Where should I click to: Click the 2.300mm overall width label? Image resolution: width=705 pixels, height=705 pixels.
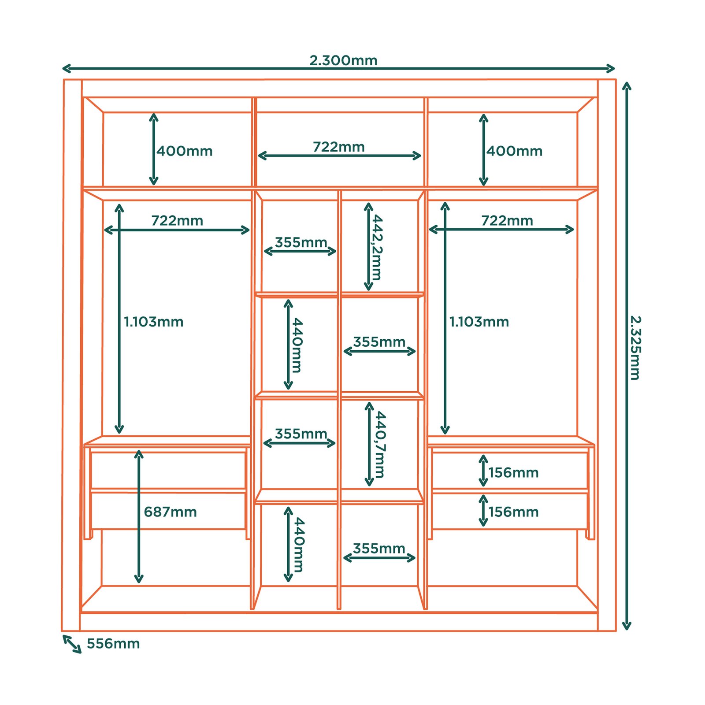coord(343,60)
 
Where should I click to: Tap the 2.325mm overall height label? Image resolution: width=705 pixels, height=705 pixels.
coord(635,348)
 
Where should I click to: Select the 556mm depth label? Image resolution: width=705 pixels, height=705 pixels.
coord(113,644)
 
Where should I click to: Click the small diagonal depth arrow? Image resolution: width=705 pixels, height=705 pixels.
coord(72,644)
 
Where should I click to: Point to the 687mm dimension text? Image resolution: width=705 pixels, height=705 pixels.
coord(171,512)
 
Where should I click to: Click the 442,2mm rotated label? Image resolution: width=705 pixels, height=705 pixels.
coord(377,248)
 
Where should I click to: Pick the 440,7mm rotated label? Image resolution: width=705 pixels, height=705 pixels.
coord(380,445)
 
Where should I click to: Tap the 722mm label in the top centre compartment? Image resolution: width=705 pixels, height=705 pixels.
coord(339,147)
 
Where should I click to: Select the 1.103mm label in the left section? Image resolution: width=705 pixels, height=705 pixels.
coord(153,322)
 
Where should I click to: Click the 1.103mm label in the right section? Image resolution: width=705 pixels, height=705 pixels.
coord(479,322)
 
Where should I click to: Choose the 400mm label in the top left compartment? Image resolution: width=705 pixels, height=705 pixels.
coord(185,151)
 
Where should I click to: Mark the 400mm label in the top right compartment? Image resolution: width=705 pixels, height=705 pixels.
coord(514,151)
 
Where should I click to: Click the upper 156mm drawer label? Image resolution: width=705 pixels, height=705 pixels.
coord(513,473)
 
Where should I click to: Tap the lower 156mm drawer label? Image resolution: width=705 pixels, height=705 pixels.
coord(513,512)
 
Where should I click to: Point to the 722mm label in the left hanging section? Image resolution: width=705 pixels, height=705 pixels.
coord(177,220)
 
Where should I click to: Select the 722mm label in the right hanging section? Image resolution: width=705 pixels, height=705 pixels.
coord(507,220)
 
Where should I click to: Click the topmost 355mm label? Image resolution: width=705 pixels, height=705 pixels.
coord(301,242)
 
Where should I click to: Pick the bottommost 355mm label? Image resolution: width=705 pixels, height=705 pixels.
coord(379,549)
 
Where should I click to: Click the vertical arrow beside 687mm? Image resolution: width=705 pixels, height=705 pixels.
coord(139,517)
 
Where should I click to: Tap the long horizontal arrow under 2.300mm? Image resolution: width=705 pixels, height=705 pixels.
coord(338,68)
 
